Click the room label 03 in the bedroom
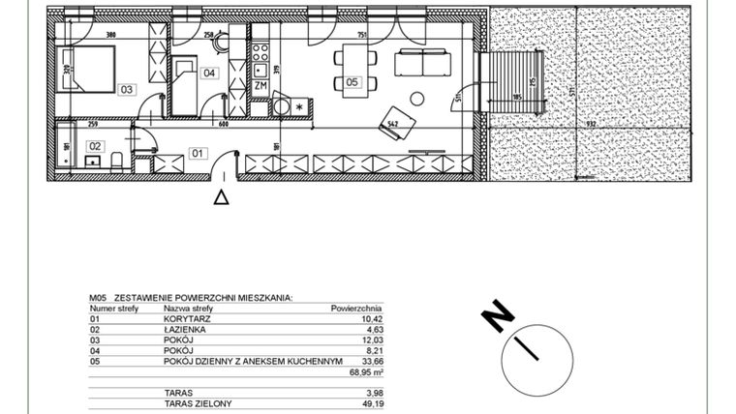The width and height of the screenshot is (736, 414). tap(126, 89)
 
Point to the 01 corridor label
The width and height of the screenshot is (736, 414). tap(197, 152)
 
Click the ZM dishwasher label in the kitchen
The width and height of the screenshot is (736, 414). tap(260, 86)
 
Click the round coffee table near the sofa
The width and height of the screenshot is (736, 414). tap(417, 97)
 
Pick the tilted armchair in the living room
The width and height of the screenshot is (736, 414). tap(398, 123)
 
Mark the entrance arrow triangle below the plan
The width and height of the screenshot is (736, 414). tap(221, 196)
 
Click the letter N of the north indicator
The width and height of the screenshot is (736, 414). tap(497, 315)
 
